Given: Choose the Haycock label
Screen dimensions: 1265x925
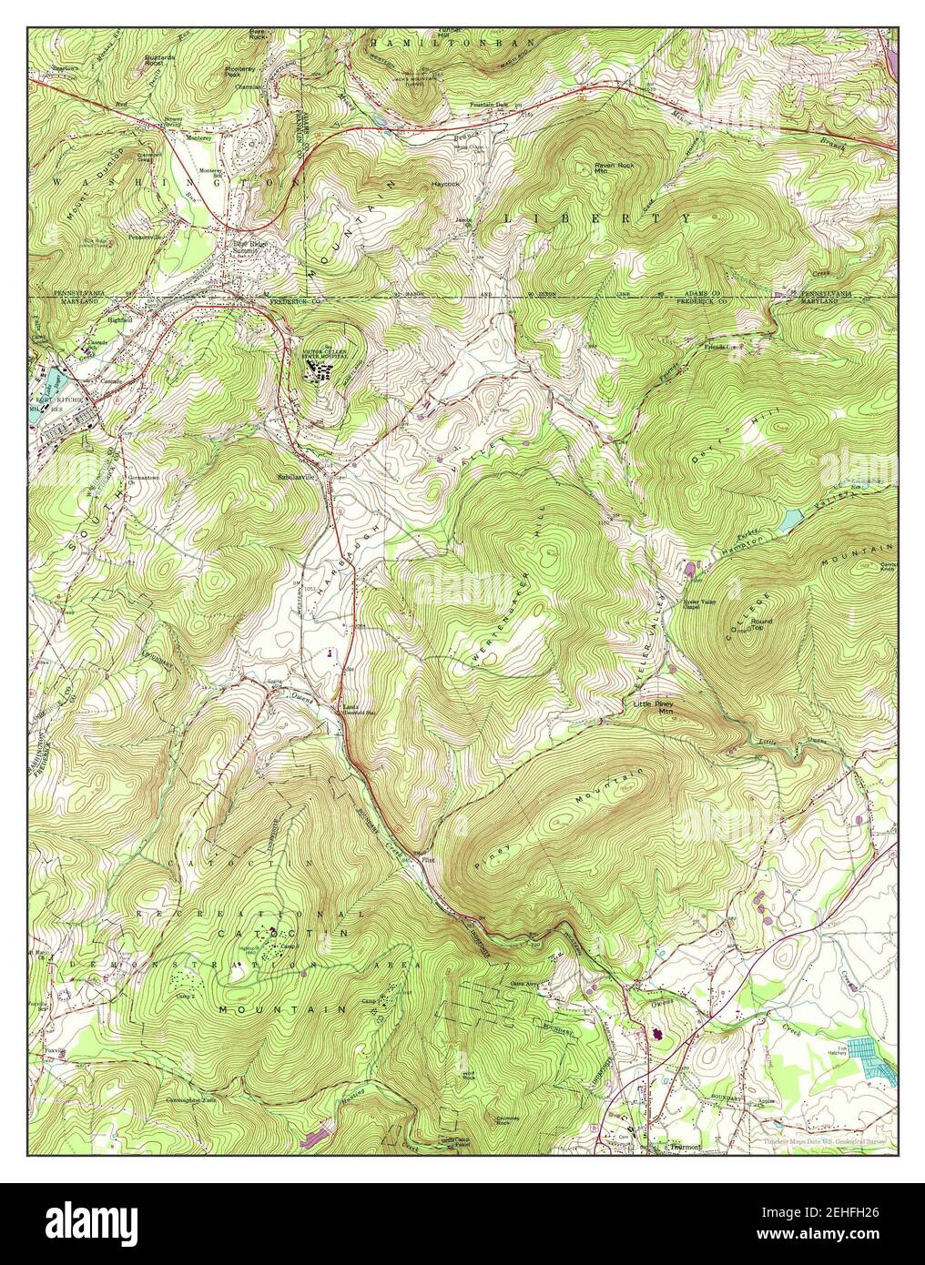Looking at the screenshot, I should tap(443, 184).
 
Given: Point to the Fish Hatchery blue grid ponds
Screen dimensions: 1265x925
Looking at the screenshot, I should tap(872, 1058).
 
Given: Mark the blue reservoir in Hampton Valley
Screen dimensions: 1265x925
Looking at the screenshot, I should tap(788, 520).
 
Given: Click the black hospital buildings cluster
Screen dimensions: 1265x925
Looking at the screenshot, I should tap(320, 369).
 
